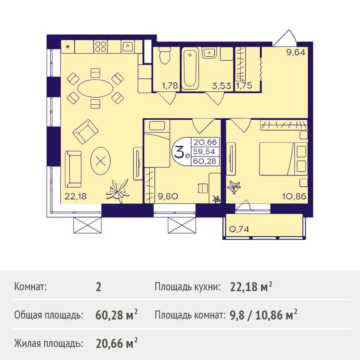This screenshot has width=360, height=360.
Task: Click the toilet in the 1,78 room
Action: (165, 55)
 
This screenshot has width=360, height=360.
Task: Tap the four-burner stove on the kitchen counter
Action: (100, 47)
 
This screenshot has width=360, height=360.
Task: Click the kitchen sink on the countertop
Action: (128, 47)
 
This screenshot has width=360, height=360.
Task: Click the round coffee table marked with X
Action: (100, 162)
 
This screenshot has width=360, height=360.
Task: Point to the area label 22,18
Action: (76, 196)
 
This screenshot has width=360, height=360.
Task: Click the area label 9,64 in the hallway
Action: (296, 53)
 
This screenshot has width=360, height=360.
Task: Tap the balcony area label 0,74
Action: (239, 229)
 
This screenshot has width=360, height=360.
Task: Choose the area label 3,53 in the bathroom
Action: (221, 86)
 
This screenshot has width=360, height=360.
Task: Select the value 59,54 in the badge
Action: (204, 152)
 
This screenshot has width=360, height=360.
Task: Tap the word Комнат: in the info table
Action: (31, 287)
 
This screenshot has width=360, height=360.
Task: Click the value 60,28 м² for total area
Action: (117, 315)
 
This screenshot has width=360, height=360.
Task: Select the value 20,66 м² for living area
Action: (117, 343)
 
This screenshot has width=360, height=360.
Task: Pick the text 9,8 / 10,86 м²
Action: (263, 315)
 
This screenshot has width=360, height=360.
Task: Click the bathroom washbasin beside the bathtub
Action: (209, 53)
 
